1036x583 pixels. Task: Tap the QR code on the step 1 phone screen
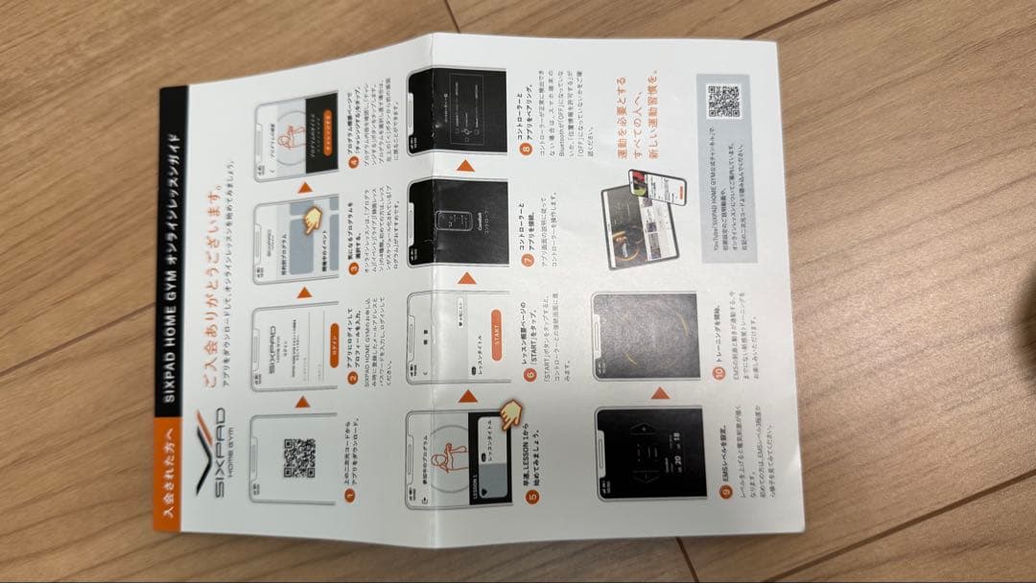(299, 458)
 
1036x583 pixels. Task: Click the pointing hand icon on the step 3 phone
(312, 222)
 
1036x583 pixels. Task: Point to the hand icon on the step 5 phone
(507, 413)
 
